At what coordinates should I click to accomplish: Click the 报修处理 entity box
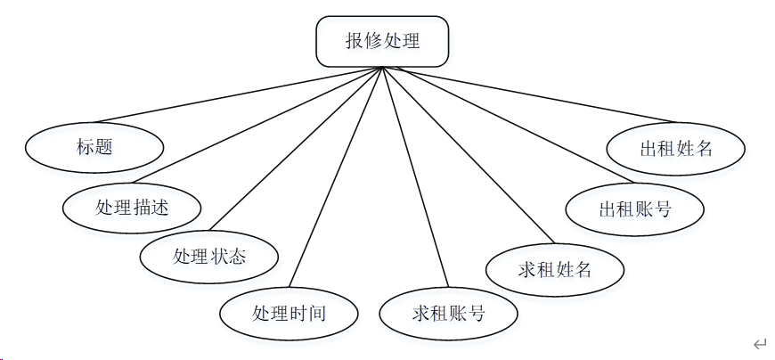tap(382, 41)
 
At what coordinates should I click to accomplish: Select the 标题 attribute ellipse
tap(94, 147)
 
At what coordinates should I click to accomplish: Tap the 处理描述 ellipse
tap(132, 208)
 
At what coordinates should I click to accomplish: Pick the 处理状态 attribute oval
tap(209, 257)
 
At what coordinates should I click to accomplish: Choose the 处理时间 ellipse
tap(290, 313)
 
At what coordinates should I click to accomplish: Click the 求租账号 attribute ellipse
tap(448, 313)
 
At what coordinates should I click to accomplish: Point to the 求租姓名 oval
tap(555, 268)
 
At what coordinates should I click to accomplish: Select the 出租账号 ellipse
tap(635, 209)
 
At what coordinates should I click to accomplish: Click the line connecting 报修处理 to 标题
tap(241, 94)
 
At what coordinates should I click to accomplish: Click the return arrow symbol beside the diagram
tap(759, 344)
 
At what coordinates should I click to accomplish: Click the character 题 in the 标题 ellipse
tap(104, 147)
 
